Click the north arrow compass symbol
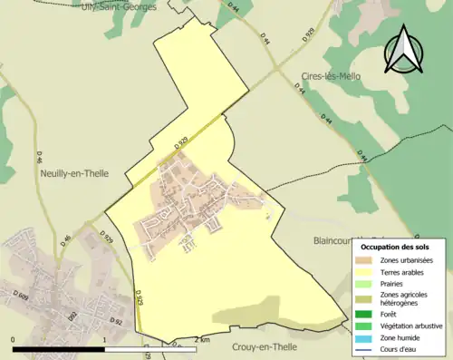(x=404, y=49)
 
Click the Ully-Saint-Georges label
(x=119, y=5)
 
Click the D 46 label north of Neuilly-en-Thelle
(x=41, y=158)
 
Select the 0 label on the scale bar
(x=14, y=339)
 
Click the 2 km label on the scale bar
(x=201, y=339)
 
